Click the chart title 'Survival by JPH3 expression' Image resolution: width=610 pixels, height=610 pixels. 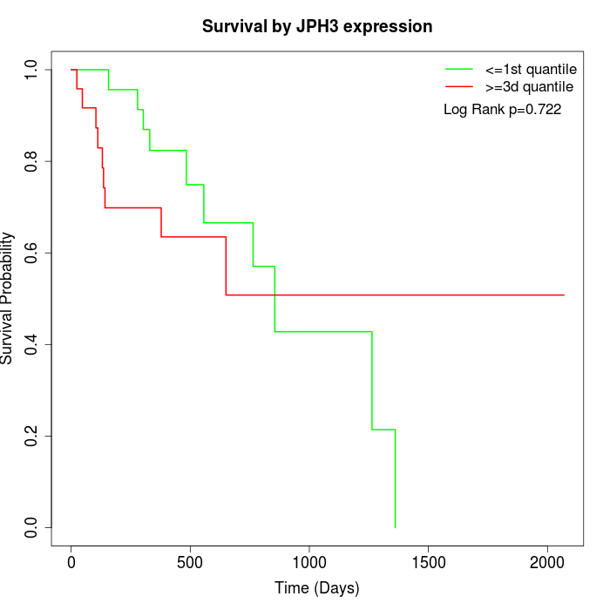click(x=317, y=27)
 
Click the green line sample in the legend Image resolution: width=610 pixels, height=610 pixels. click(x=459, y=68)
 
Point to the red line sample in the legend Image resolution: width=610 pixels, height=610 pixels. click(x=459, y=86)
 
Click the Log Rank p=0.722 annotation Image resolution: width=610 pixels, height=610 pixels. click(x=502, y=110)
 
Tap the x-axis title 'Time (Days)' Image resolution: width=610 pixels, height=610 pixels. click(x=317, y=588)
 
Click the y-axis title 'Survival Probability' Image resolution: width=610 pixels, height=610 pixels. click(x=9, y=298)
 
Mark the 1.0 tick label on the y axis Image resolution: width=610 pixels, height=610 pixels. click(x=32, y=70)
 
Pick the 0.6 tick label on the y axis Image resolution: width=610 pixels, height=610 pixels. click(x=32, y=253)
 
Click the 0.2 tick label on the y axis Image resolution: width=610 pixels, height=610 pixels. click(x=32, y=436)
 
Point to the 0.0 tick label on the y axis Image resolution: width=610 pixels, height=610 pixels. click(x=32, y=527)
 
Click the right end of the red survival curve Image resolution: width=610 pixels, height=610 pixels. click(x=564, y=295)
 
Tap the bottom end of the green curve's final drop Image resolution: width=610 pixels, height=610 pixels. click(x=396, y=527)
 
